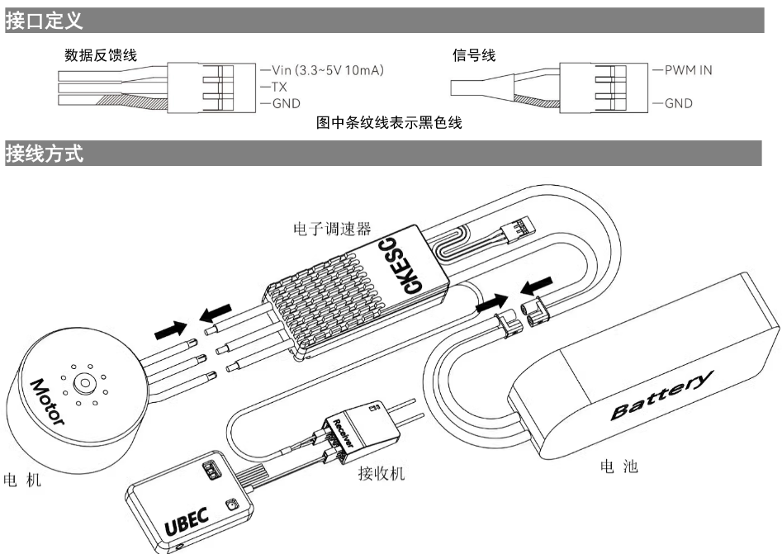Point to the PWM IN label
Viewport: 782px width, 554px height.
[688, 69]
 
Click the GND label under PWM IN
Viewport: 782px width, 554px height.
[680, 104]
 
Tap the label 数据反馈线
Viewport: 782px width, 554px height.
[101, 54]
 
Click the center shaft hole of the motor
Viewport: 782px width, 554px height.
[84, 383]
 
